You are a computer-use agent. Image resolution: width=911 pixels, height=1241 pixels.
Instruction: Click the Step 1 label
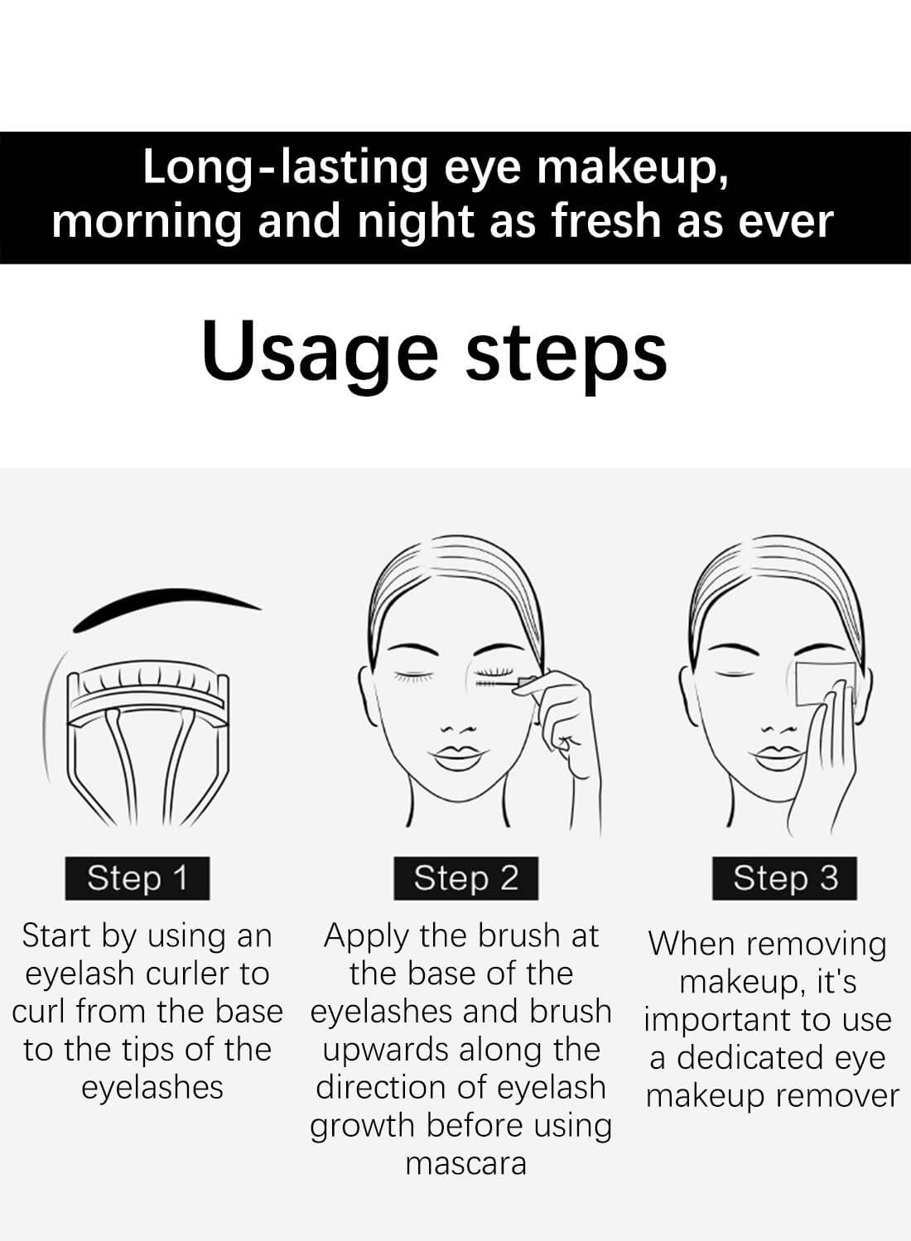(x=137, y=878)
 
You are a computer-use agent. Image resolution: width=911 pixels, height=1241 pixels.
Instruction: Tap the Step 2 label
(x=465, y=878)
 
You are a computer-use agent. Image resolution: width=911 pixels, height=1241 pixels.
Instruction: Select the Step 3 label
(x=785, y=878)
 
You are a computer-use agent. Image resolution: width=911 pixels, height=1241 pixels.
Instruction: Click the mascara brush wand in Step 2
(x=498, y=685)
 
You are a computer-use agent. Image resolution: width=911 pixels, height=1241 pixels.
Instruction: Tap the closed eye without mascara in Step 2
(x=414, y=676)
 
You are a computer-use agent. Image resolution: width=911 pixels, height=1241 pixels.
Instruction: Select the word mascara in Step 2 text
(x=465, y=1164)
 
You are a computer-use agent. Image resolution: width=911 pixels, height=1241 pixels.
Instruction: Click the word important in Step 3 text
(x=713, y=1020)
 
